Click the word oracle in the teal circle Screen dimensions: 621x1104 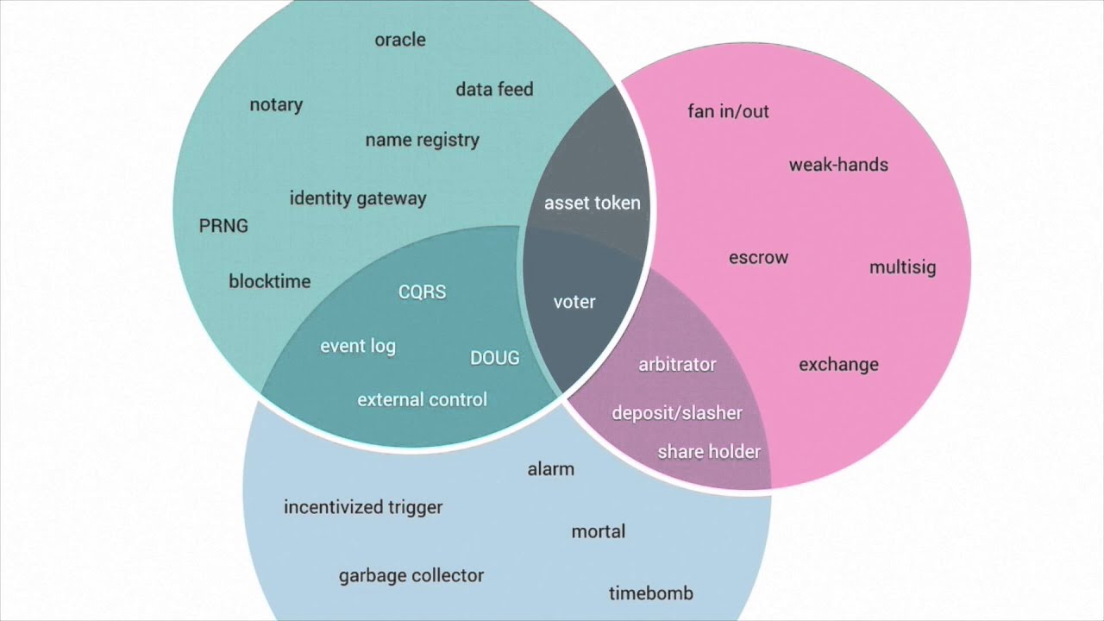[400, 40]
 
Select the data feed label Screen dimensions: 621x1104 [494, 90]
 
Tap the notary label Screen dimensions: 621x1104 [276, 105]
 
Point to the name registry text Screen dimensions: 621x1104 [422, 140]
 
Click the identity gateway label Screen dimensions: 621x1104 [357, 198]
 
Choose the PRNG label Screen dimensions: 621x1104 [223, 226]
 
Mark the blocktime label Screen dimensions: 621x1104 [269, 281]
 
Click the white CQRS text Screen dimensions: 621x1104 [422, 292]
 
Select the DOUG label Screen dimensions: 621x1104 [494, 358]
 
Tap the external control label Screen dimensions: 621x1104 [422, 400]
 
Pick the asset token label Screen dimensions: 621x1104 [592, 204]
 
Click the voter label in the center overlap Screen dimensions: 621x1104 [574, 303]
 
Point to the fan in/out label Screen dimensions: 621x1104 [728, 111]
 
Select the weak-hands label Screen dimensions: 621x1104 [838, 165]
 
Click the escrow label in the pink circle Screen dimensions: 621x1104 [758, 258]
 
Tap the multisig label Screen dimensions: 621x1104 [902, 267]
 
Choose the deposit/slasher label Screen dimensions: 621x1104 [677, 413]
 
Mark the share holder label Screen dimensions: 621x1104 [709, 452]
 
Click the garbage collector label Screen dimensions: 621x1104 [411, 575]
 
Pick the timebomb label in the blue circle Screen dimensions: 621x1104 [650, 593]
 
